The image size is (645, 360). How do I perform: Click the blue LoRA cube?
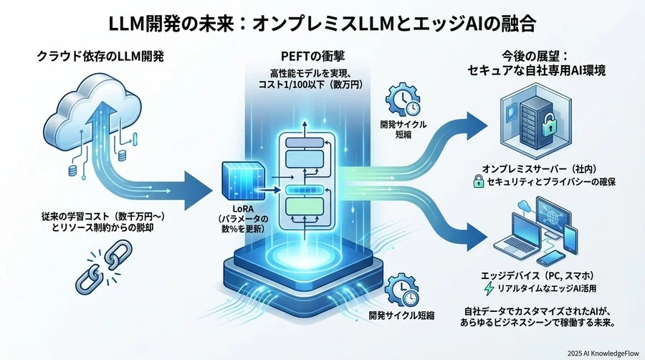(x=238, y=181)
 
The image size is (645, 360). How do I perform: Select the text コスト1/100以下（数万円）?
(x=322, y=85)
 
